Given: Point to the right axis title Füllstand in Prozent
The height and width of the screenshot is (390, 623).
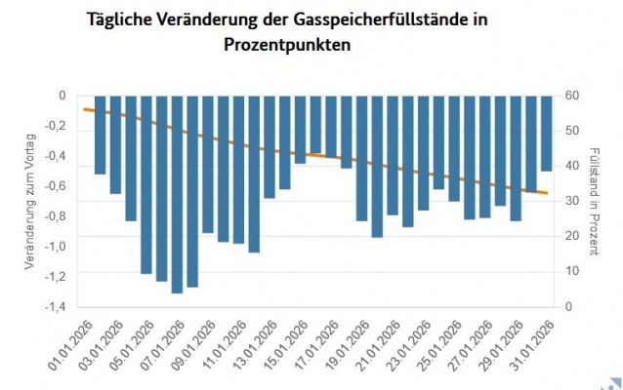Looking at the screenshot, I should [x=595, y=201].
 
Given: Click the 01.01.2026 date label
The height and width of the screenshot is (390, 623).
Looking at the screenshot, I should [x=74, y=343].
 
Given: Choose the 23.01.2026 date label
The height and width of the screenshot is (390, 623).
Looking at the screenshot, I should [x=407, y=343].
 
